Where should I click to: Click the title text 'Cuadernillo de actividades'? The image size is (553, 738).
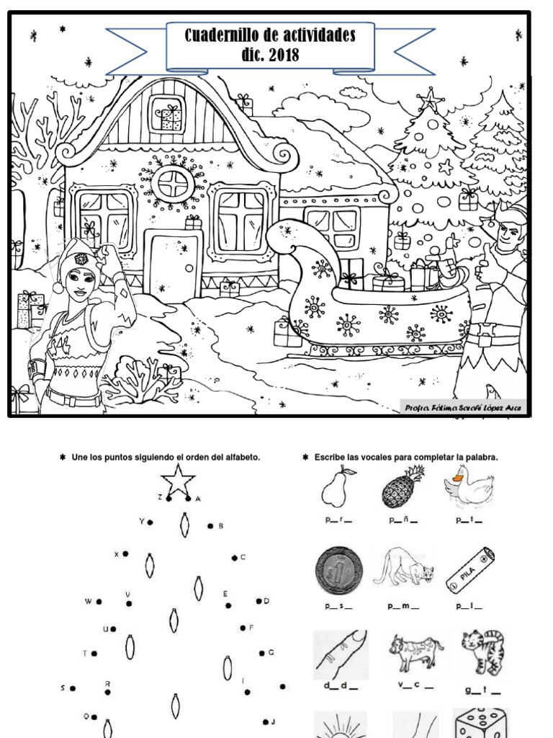(270, 35)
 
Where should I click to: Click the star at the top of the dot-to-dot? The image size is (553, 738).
(176, 479)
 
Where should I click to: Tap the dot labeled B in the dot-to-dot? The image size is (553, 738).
(210, 526)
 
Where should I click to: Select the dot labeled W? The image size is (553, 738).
(99, 600)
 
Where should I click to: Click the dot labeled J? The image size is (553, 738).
(266, 721)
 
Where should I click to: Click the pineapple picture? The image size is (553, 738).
(403, 487)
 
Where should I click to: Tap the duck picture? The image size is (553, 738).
(469, 486)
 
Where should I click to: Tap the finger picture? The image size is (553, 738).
(340, 654)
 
